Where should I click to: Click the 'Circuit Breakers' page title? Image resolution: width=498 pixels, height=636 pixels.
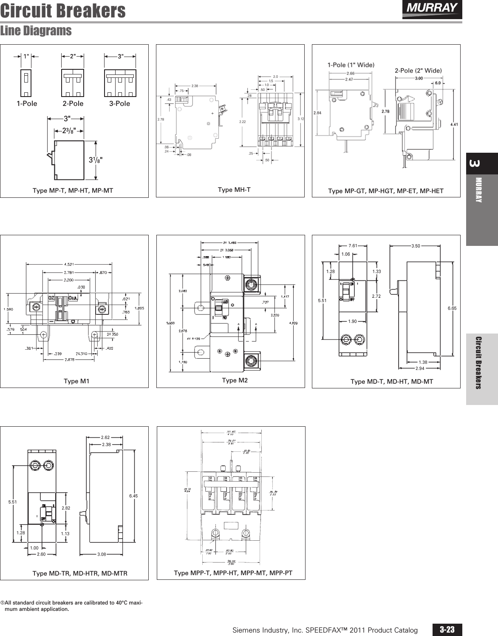pos(63,11)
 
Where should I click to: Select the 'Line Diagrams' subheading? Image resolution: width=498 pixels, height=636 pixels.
pos(36,31)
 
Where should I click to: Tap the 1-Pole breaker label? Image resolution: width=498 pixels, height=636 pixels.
pos(27,103)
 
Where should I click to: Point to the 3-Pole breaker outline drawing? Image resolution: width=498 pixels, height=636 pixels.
pos(120,83)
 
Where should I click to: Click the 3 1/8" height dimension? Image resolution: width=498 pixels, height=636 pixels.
pos(96,160)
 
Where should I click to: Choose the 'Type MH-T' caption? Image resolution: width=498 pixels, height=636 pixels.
pos(234,190)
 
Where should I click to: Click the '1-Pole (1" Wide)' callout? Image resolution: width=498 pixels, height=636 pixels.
pos(351,65)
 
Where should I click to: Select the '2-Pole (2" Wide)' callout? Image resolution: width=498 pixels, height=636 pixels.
pos(418,70)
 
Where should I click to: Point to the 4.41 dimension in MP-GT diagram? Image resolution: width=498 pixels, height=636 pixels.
pos(454,124)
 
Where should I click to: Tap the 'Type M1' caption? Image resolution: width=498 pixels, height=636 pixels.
pos(76,381)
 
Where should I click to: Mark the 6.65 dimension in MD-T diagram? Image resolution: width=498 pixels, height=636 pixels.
pos(452,308)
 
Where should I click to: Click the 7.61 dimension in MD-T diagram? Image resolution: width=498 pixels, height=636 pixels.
pos(353,245)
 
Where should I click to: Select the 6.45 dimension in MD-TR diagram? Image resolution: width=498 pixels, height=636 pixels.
pos(133,496)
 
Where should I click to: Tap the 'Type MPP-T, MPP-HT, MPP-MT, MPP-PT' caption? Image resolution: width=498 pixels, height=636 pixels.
pos(233,573)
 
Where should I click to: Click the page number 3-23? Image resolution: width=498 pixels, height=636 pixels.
pos(447,630)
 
